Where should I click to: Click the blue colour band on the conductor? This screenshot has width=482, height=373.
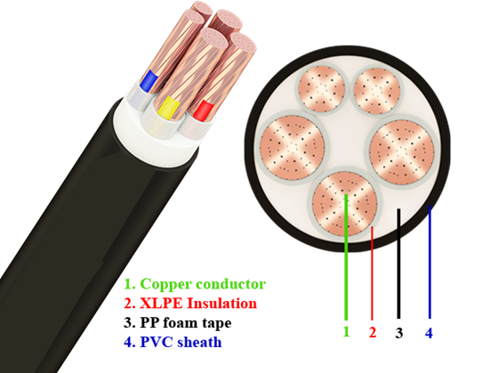coord(149,81)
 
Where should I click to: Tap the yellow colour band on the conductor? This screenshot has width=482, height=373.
coord(168,108)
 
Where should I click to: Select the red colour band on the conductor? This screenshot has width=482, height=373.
coord(204,110)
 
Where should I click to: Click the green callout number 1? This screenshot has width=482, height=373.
coord(347,332)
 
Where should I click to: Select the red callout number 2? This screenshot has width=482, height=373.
coord(373,332)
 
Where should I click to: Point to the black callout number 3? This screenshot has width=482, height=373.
coord(399,333)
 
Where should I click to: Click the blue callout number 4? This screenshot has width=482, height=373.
coord(430,333)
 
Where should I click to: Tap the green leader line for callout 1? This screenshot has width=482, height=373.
coord(346,257)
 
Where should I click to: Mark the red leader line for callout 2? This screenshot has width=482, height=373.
coord(372,273)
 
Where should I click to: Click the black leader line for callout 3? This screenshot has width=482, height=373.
coord(398,264)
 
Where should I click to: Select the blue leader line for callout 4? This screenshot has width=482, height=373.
coord(430,262)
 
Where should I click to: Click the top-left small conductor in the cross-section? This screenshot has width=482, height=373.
coord(322,89)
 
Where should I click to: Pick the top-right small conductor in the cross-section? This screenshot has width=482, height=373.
coord(377,91)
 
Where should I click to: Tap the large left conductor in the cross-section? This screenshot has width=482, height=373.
coord(292,148)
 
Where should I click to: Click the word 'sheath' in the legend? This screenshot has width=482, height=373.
coord(199,342)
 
